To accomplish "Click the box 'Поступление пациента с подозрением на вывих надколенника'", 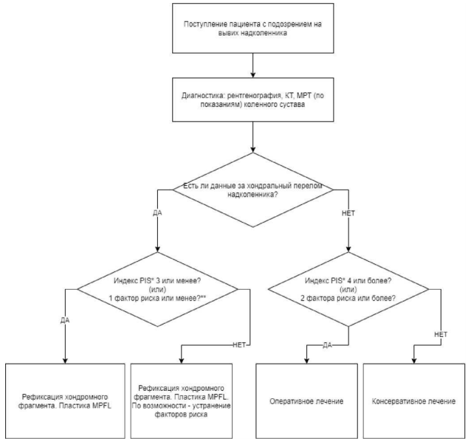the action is [253, 28].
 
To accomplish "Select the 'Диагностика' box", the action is [253, 100].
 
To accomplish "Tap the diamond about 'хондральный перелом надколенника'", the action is [253, 190].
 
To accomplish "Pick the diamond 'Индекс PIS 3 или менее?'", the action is [158, 289].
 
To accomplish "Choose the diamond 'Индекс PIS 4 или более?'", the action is [348, 289].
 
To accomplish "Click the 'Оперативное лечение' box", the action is [306, 401].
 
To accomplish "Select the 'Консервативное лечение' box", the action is [414, 401].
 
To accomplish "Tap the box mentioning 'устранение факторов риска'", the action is [181, 401].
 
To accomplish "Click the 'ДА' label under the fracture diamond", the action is [157, 212].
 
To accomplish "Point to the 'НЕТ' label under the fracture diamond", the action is [348, 213].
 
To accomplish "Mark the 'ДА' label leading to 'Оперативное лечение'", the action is [327, 345].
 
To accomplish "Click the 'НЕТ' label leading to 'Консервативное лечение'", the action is [441, 334].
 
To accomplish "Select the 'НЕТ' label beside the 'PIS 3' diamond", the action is [239, 345].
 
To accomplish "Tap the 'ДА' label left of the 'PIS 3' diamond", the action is [65, 320].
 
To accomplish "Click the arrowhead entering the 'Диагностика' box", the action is [253, 74].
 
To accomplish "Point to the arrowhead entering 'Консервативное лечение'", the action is [414, 361].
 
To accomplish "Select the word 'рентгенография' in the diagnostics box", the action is [255, 96].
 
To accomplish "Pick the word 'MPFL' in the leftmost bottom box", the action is [102, 406].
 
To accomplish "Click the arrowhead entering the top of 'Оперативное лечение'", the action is [306, 361].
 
